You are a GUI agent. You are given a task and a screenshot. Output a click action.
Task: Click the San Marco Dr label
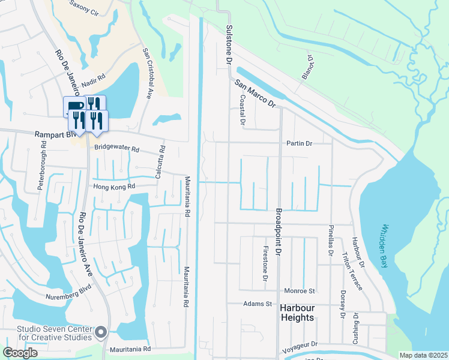(255, 94)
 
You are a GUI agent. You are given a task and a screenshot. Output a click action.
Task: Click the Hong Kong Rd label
(115, 187)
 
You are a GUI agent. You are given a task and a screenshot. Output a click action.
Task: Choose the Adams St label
(258, 304)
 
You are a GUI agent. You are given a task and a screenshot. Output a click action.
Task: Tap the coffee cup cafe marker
(72, 107)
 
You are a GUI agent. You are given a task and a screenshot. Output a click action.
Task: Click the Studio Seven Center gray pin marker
(101, 331)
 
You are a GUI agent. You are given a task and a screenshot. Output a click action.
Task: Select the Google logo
(20, 353)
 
